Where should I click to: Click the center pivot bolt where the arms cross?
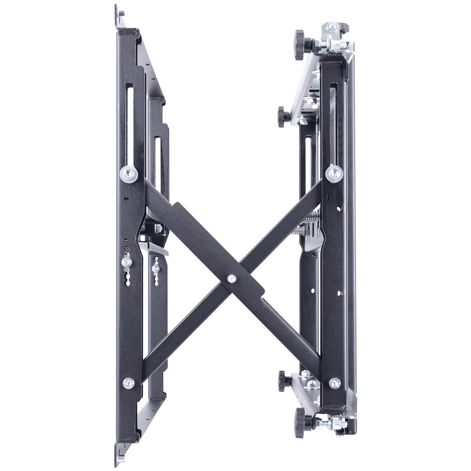click(x=231, y=279)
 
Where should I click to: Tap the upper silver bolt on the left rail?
click(x=129, y=174)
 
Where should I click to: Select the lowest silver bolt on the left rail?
click(x=128, y=383)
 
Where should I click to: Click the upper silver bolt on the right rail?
click(x=334, y=173)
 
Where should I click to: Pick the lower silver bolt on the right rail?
click(x=334, y=383)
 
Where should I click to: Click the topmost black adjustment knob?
click(x=300, y=45)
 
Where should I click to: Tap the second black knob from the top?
click(x=283, y=116)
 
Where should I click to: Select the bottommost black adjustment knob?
click(x=300, y=422)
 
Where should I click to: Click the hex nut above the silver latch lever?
click(x=157, y=228)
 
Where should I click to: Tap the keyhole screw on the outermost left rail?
click(x=126, y=261)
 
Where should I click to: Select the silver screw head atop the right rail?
click(x=333, y=26)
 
